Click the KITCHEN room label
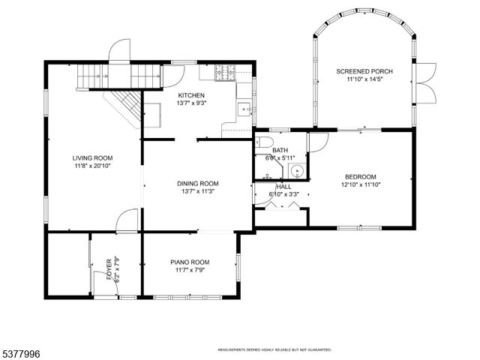(x=191, y=95)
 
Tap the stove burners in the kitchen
(x=225, y=73)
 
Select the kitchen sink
(x=244, y=109)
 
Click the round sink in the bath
(x=297, y=170)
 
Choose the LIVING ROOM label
(x=92, y=157)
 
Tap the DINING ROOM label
(x=197, y=183)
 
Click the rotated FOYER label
(x=109, y=269)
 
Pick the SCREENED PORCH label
(x=364, y=71)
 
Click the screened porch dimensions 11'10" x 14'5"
(x=364, y=79)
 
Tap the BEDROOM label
(x=360, y=176)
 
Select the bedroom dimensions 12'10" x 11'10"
(x=360, y=184)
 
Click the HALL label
(x=283, y=187)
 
